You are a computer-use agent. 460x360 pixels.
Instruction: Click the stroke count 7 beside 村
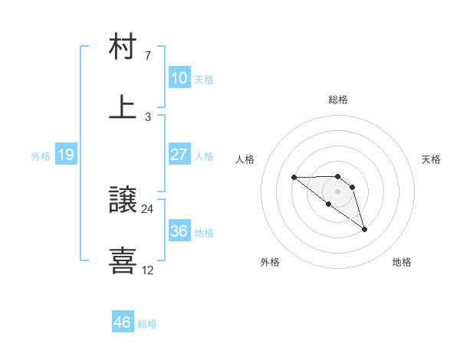[147, 57]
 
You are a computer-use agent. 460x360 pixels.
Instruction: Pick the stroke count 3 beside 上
[147, 116]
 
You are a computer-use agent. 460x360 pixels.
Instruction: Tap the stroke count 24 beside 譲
[148, 209]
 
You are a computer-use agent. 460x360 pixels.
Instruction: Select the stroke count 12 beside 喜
[148, 270]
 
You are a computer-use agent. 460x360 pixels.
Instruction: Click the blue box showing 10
[179, 78]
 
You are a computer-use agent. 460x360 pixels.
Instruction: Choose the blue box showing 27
[179, 155]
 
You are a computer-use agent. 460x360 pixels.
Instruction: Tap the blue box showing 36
[179, 231]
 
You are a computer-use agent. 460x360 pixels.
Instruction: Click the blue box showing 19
[65, 155]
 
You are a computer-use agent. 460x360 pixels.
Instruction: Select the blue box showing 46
[122, 322]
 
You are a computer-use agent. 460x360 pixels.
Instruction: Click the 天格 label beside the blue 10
[204, 79]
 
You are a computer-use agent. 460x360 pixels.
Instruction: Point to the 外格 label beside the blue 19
[41, 155]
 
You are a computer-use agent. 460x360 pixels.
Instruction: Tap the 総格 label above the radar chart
[338, 100]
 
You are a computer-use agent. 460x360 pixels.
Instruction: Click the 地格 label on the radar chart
[402, 262]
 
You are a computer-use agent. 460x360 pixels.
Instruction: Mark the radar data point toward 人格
[294, 178]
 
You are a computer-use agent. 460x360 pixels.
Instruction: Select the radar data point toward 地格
[364, 229]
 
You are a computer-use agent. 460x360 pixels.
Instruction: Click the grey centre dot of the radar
[337, 191]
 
